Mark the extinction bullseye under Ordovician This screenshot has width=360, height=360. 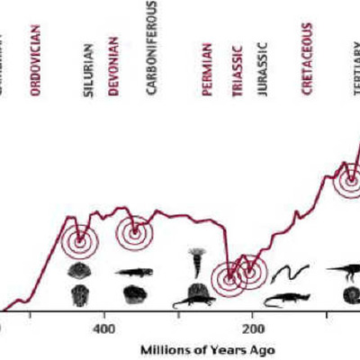tap(80, 239)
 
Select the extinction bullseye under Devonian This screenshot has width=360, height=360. tap(134, 233)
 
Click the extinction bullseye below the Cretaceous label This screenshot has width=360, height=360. tap(348, 181)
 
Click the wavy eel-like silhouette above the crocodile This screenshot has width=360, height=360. tap(291, 270)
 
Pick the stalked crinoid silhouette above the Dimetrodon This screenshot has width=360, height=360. tap(197, 262)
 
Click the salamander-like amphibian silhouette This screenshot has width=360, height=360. tap(133, 270)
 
